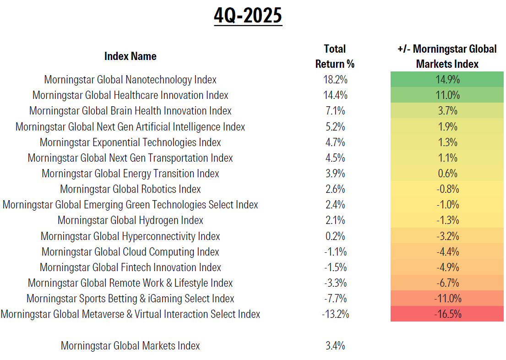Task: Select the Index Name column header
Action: point(130,56)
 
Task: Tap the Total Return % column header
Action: point(335,56)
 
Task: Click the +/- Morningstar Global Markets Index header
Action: point(447,56)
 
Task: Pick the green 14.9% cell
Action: point(447,80)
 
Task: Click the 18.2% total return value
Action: point(335,80)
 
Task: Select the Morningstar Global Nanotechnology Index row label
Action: point(130,80)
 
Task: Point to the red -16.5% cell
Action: point(447,314)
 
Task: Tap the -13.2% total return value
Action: point(335,314)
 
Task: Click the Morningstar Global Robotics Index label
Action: point(130,189)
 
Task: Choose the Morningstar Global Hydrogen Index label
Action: point(130,220)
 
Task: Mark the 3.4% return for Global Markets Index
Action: point(335,346)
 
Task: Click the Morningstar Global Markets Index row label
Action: point(130,346)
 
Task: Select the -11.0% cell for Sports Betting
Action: point(447,299)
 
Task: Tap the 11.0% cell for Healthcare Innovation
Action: point(447,95)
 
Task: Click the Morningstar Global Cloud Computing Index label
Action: point(130,252)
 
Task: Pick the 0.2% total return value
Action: point(335,236)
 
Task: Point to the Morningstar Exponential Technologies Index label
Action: point(130,142)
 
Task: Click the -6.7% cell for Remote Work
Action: point(447,283)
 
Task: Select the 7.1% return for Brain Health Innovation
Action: point(335,111)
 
